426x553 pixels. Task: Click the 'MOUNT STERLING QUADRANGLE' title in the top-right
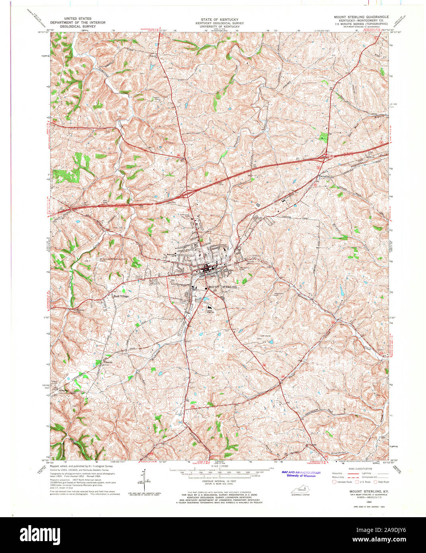pyautogui.click(x=361, y=17)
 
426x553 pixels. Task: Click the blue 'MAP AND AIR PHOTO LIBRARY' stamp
pyautogui.click(x=301, y=473)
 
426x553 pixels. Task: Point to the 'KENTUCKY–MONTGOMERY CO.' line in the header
pyautogui.click(x=361, y=21)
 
